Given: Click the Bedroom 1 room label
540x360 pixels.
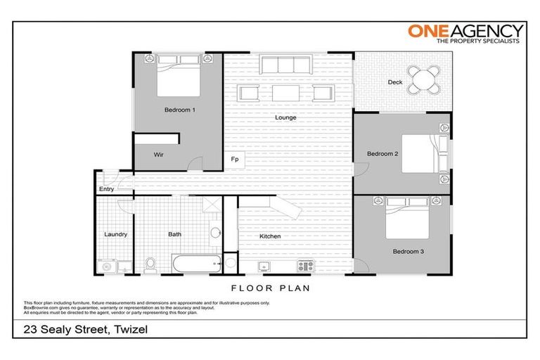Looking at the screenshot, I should [x=179, y=110].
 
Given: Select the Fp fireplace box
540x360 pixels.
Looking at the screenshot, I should [x=235, y=160].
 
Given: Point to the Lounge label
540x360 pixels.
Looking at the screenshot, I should [x=285, y=117].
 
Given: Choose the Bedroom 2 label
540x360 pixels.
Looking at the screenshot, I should [x=382, y=153].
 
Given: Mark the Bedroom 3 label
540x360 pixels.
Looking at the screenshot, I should [x=408, y=250].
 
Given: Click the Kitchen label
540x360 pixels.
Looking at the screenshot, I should [x=270, y=236].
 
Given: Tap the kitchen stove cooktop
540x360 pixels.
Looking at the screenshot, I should [x=305, y=266].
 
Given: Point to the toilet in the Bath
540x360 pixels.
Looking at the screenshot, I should [x=149, y=264].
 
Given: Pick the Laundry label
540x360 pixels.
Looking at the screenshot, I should [x=115, y=234].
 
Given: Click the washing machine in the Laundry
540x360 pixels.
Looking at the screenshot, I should [x=107, y=266].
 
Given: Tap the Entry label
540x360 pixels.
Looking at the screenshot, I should [x=106, y=189].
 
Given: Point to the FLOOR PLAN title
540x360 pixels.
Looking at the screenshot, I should [x=270, y=288].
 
